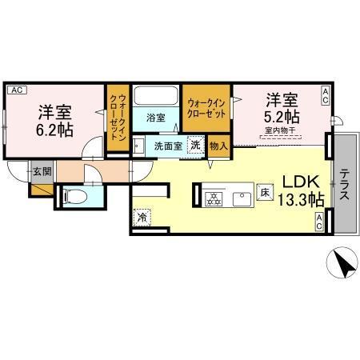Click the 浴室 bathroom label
pyautogui.click(x=157, y=118)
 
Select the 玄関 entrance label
pyautogui.click(x=42, y=170)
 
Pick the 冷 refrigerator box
pyautogui.click(x=141, y=216)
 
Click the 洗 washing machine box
pyautogui.click(x=194, y=146)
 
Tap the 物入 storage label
pyautogui.click(x=218, y=146)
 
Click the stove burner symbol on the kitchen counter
pyautogui.click(x=214, y=197)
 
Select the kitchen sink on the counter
pyautogui.click(x=241, y=197)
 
